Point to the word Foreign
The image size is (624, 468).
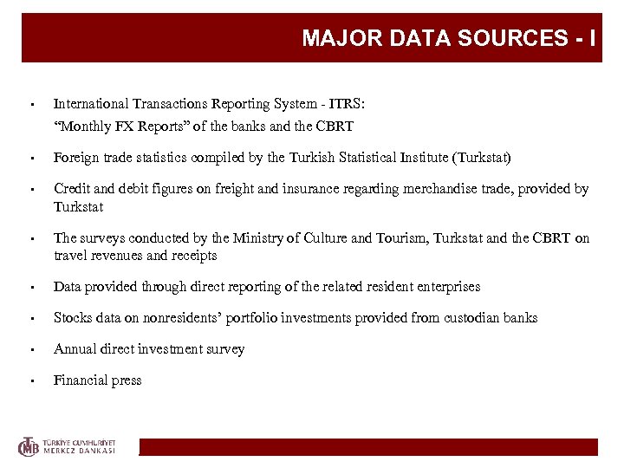pos(75,158)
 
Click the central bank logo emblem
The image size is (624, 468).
pos(30,446)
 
